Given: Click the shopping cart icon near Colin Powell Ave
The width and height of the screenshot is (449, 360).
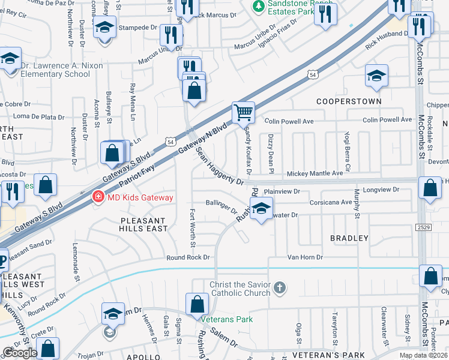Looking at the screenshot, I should pos(244,112).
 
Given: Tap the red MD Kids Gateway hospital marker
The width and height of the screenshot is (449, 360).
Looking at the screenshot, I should pos(96,197).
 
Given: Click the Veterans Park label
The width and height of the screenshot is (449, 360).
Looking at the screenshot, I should pos(226,319).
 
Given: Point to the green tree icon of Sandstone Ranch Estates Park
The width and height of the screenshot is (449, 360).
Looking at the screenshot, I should pos(258,6).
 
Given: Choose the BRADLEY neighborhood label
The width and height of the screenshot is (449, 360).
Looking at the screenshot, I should pos(349,238).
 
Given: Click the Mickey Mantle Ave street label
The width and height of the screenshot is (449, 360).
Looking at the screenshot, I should pos(315,173).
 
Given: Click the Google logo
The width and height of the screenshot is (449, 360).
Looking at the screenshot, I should pos(20,353).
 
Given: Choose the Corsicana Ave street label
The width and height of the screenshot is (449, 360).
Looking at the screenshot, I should pos(330,203).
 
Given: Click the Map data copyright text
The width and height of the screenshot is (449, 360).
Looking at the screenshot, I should pos(423,355).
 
